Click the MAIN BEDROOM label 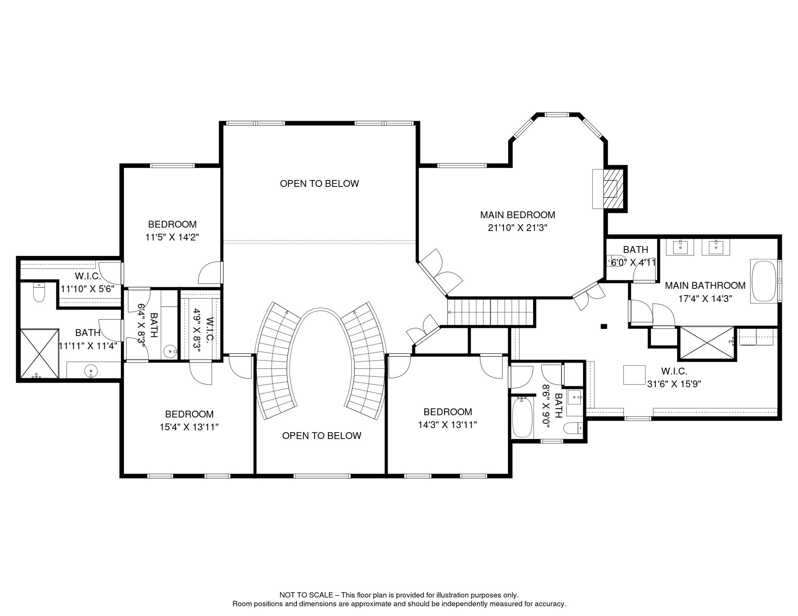point(517,215)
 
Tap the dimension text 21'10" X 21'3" point(517,228)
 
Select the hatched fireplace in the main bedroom point(613,188)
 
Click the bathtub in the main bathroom point(764,281)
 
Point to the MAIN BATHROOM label point(705,286)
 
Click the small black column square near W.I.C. point(604,326)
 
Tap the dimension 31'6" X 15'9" point(674,384)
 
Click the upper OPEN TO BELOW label point(319,184)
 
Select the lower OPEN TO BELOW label point(322,436)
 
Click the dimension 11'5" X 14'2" point(172,237)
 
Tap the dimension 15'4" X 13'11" point(189,427)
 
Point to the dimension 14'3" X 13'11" point(447,425)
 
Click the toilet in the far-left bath point(39,292)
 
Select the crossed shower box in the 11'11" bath point(39,353)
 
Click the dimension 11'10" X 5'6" point(88,289)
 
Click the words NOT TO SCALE point(306,595)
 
